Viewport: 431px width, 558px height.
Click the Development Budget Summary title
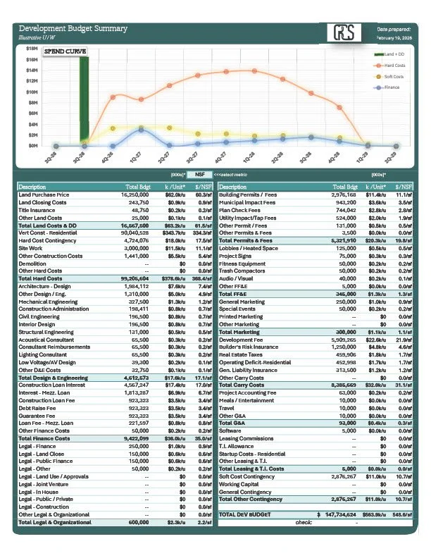[73, 29]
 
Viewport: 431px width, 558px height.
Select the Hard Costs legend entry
[392, 65]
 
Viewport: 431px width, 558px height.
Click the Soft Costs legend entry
[392, 76]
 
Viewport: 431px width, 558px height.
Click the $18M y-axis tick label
[32, 49]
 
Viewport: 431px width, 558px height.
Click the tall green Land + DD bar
[84, 99]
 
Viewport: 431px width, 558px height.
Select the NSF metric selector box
[200, 173]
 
